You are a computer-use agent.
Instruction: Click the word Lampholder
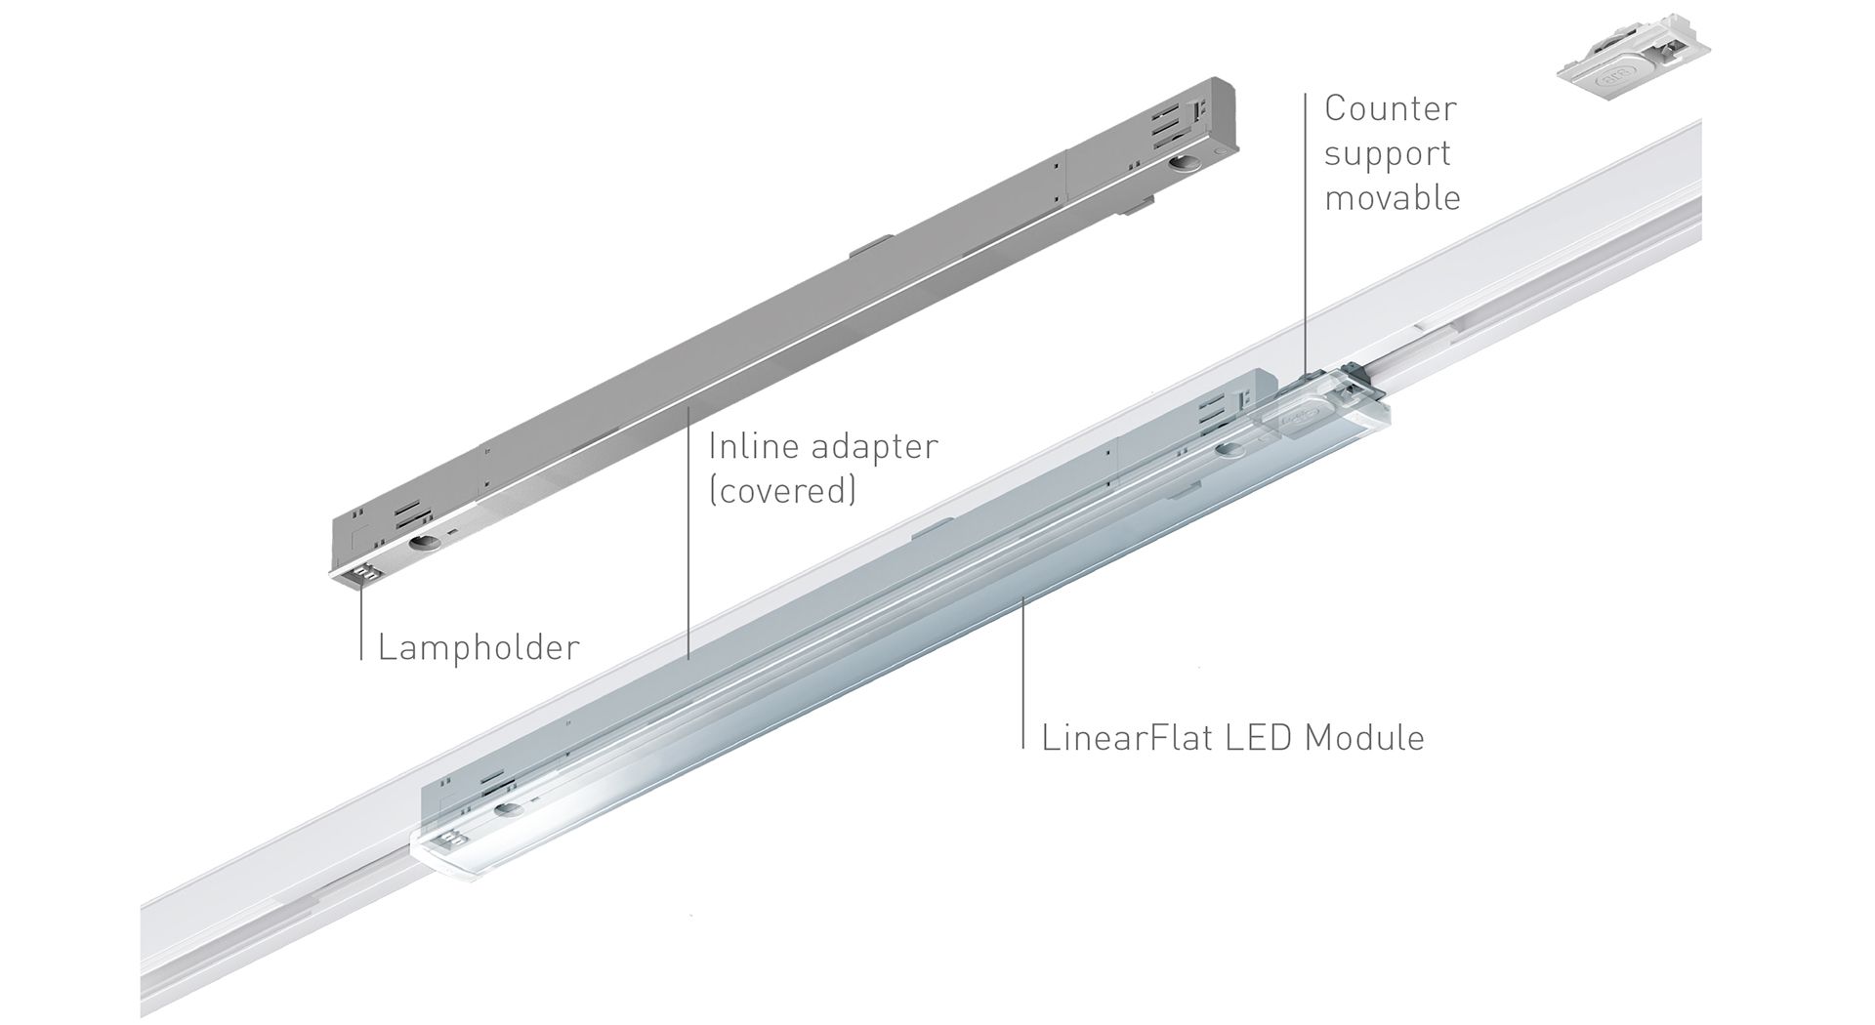pos(479,647)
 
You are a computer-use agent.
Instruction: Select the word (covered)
pos(782,491)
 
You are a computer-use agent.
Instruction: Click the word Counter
pos(1390,108)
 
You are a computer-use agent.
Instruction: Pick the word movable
pos(1393,198)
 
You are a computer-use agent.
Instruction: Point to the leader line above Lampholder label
pos(360,625)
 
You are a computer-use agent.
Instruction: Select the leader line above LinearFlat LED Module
pos(1022,674)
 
